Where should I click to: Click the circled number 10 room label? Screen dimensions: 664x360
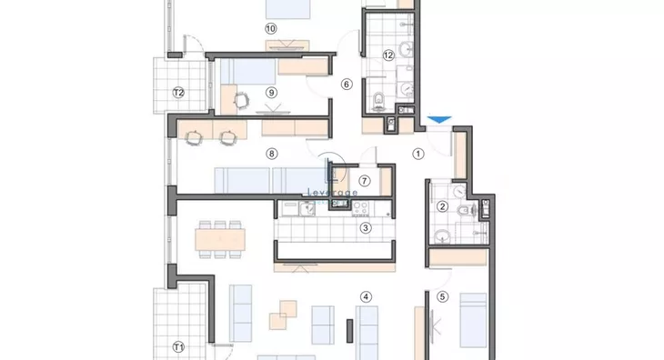(x=271, y=29)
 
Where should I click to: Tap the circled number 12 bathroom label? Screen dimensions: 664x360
(x=388, y=55)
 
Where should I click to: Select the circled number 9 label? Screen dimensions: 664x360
(x=271, y=93)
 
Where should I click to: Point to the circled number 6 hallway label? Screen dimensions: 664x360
(x=347, y=85)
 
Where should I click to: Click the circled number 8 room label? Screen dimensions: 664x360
(x=272, y=154)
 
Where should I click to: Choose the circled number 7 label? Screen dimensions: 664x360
(x=364, y=181)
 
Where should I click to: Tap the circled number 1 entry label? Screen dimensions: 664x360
(x=418, y=154)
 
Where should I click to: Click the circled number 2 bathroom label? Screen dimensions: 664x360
(x=443, y=206)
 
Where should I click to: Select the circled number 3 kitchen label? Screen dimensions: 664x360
(x=366, y=228)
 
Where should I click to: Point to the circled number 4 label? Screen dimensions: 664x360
(x=366, y=297)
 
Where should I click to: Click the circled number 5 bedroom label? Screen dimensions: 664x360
(x=443, y=297)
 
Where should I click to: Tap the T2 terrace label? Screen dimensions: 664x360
(x=178, y=93)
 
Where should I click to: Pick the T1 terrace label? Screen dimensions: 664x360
(x=178, y=347)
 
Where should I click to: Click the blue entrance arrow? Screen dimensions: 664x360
(x=439, y=120)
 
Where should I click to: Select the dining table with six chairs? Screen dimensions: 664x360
(x=220, y=239)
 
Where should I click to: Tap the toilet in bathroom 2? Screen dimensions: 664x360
(x=466, y=209)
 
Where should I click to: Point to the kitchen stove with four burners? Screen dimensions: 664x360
(x=361, y=208)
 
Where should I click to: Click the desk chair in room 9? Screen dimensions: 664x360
(x=242, y=100)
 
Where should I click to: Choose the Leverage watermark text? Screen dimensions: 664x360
(x=332, y=193)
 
